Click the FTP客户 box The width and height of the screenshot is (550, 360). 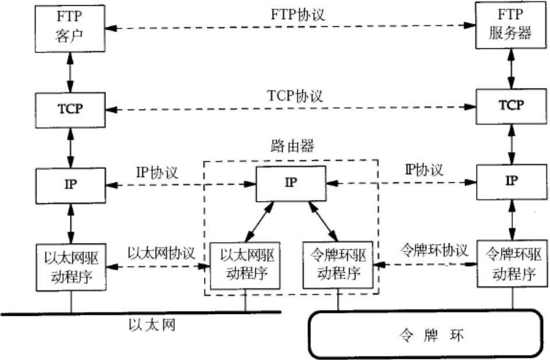(71, 26)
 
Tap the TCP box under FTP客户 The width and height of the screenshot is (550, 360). (71, 108)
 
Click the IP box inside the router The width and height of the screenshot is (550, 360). (291, 182)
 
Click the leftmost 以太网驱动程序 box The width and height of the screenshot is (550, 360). (71, 267)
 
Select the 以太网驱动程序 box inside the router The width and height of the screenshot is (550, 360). (245, 264)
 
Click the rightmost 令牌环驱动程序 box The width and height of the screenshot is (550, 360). (511, 265)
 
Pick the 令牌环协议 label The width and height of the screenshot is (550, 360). (433, 251)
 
